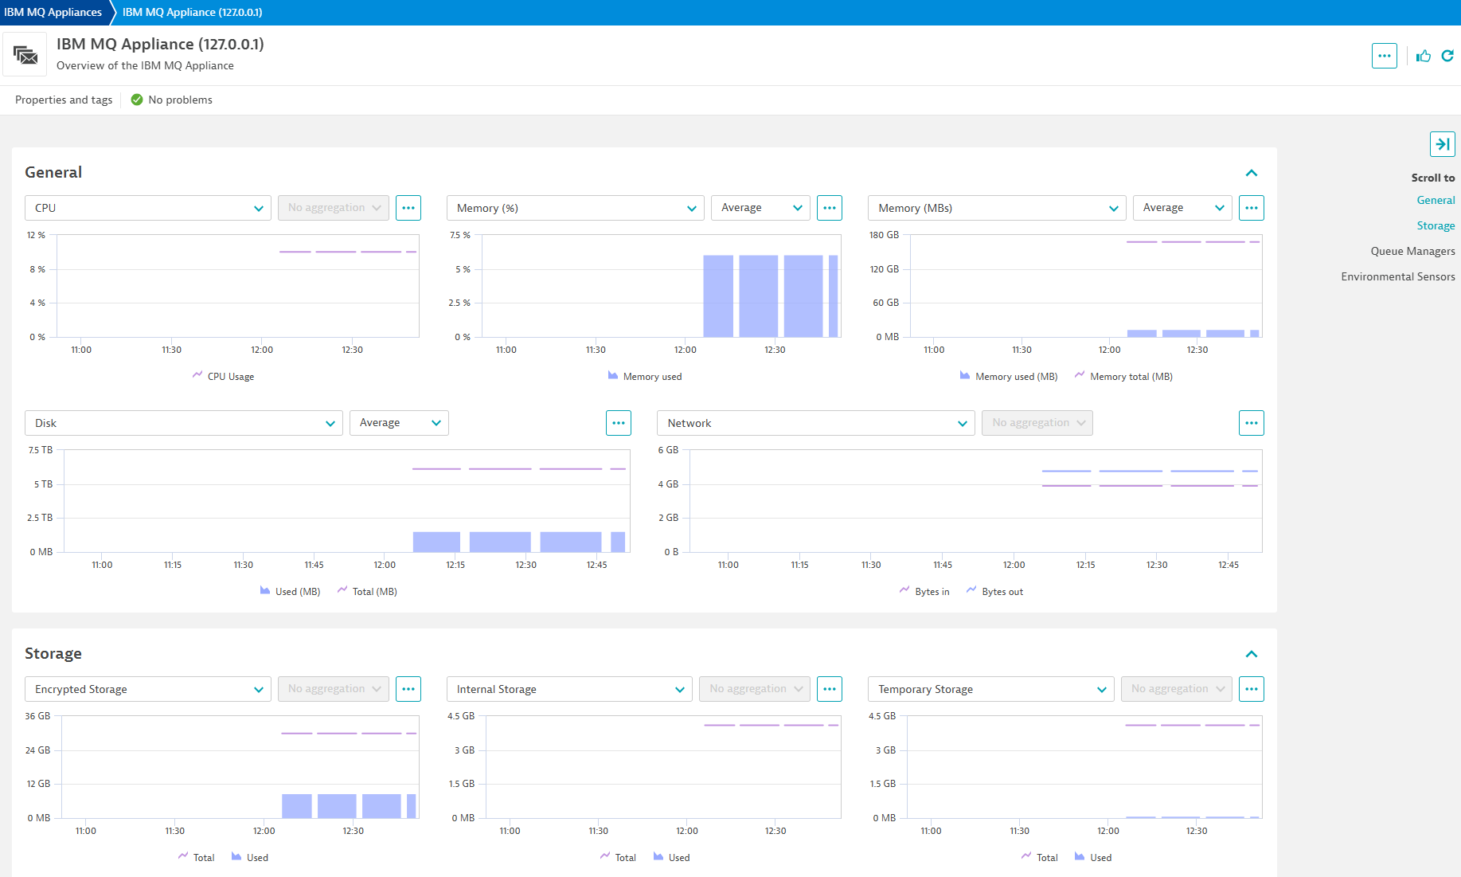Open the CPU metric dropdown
147,208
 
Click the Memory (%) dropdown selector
575,208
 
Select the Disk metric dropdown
183,423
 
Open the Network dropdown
815,423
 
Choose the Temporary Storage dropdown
990,689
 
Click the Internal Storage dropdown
568,689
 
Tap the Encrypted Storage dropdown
147,689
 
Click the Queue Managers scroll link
1412,251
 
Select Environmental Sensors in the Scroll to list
1397,276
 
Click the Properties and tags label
64,100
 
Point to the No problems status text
180,100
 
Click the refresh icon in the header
1447,56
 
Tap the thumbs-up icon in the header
1424,56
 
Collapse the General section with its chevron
1252,173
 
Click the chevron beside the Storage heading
1252,654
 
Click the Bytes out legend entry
1002,592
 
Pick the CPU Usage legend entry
230,377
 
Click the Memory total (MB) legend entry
1131,377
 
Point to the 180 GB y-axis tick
884,235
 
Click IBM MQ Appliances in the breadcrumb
53,12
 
